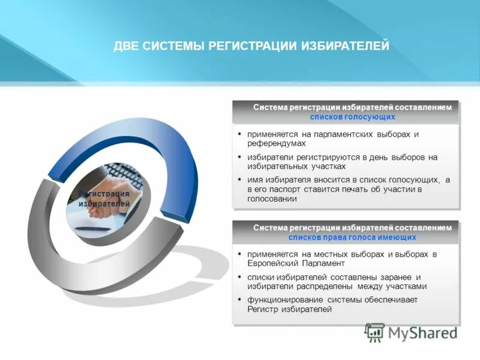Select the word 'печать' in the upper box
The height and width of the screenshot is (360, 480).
point(359,190)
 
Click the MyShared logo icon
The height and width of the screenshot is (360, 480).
point(375,332)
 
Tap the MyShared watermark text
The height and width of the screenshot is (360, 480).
point(422,332)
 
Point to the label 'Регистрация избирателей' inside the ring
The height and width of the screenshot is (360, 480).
point(104,199)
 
